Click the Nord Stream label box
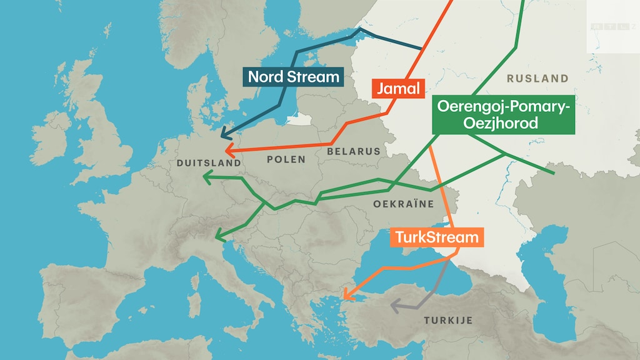(293, 77)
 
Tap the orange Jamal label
(397, 88)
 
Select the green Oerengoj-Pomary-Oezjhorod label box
(503, 116)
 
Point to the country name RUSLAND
(537, 79)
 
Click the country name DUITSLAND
(209, 163)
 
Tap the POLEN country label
(286, 159)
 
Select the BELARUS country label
(353, 151)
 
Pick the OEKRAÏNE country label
(404, 204)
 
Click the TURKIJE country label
(448, 321)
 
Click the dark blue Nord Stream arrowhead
(224, 134)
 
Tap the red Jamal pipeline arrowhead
(229, 151)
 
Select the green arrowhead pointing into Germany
(207, 178)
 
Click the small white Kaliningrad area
(302, 119)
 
